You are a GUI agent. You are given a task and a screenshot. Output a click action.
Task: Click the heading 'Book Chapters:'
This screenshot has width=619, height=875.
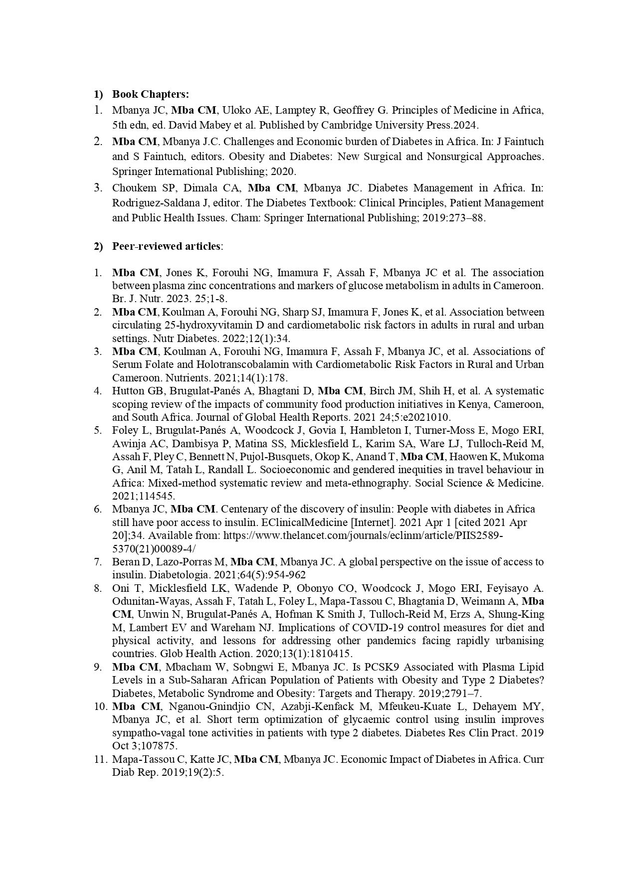tap(150, 94)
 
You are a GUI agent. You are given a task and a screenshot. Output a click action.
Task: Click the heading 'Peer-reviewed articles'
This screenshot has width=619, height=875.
tap(166, 246)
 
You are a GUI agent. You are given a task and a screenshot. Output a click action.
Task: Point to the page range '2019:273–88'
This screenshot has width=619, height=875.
tap(457, 218)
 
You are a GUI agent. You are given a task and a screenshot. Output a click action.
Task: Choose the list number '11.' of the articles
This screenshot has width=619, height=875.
tap(101, 759)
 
